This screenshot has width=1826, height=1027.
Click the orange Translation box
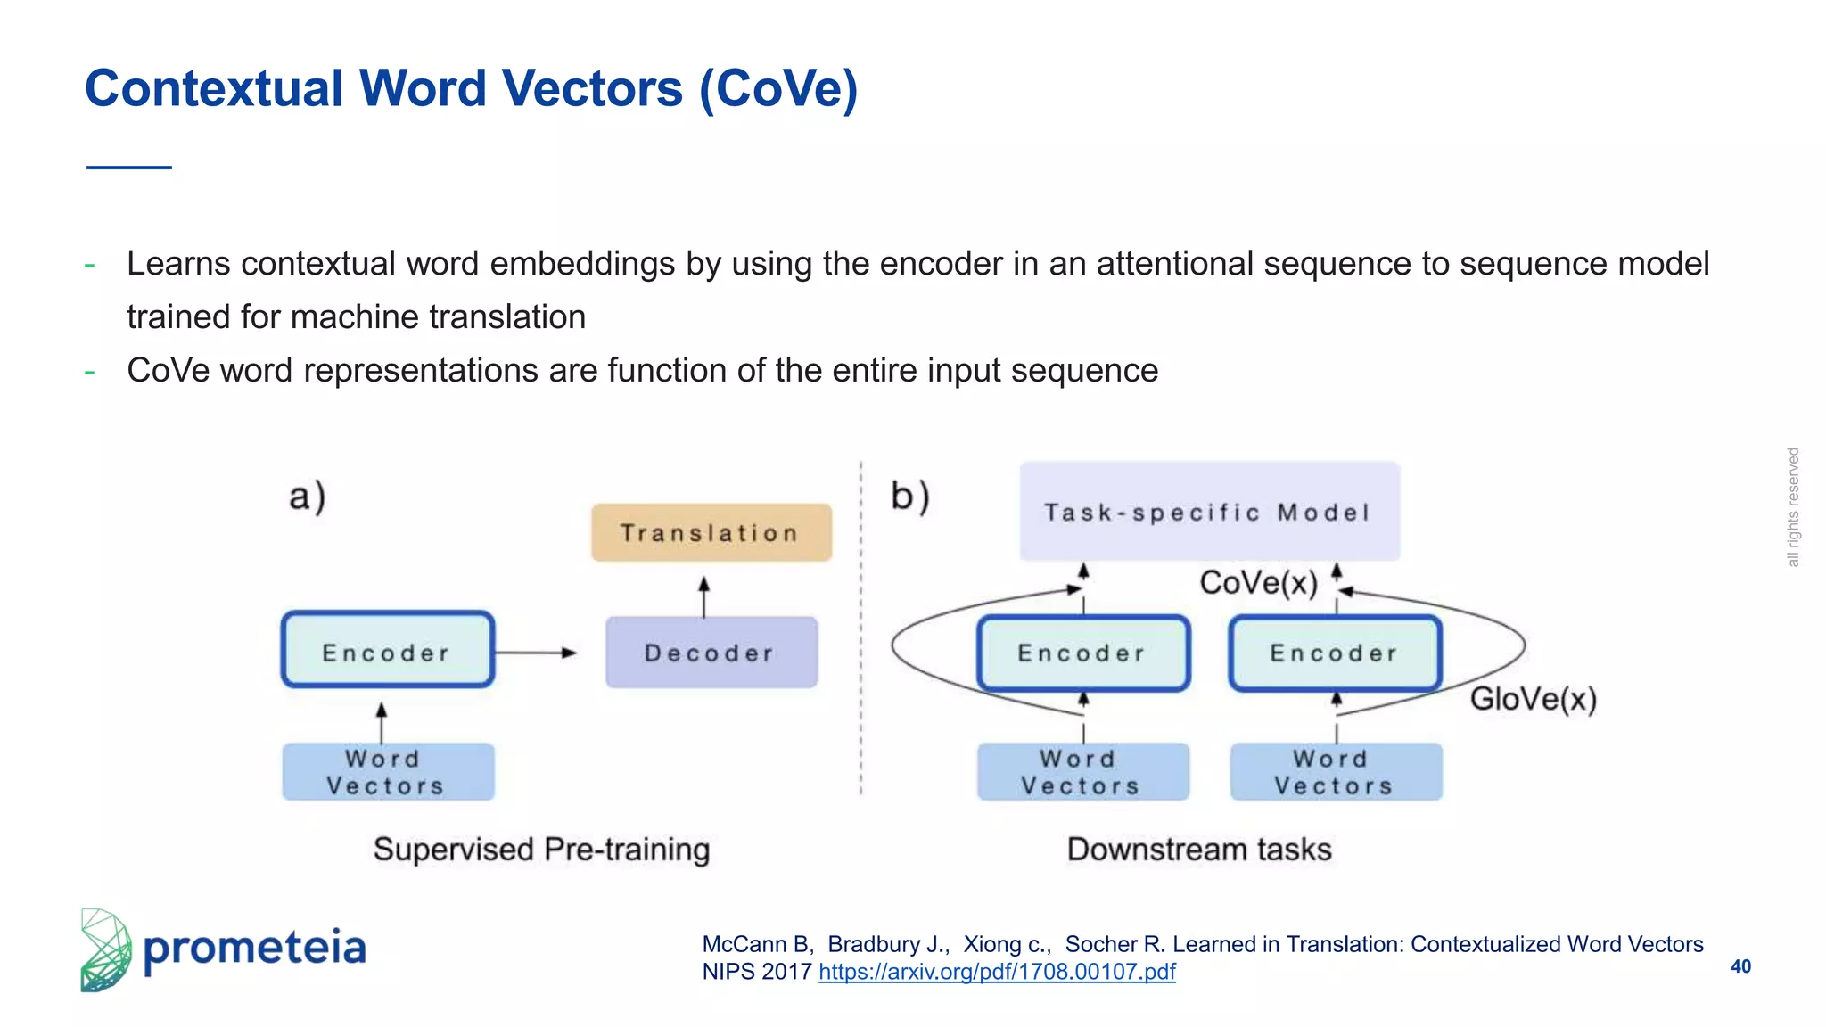(711, 532)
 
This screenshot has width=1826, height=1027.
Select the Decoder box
(711, 653)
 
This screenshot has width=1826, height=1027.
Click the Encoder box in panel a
(387, 650)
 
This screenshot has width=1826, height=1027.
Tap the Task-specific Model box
(1208, 512)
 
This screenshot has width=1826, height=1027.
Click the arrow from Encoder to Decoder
(535, 653)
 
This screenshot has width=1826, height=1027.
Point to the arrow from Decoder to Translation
(703, 596)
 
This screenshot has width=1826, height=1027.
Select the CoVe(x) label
(1257, 583)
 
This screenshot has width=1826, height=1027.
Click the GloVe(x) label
(1532, 698)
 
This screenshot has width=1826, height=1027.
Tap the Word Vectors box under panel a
(387, 772)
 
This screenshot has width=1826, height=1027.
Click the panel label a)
(307, 497)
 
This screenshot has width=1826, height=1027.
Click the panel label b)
(909, 497)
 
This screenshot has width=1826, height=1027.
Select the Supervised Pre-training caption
(541, 849)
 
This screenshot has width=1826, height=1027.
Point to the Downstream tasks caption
(1198, 849)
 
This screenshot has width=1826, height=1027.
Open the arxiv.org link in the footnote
(996, 972)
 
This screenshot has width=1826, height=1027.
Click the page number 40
(1740, 966)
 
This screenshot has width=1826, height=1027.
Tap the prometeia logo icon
(105, 950)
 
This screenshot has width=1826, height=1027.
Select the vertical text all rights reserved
(1792, 507)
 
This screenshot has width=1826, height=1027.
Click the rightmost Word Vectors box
(1335, 772)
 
